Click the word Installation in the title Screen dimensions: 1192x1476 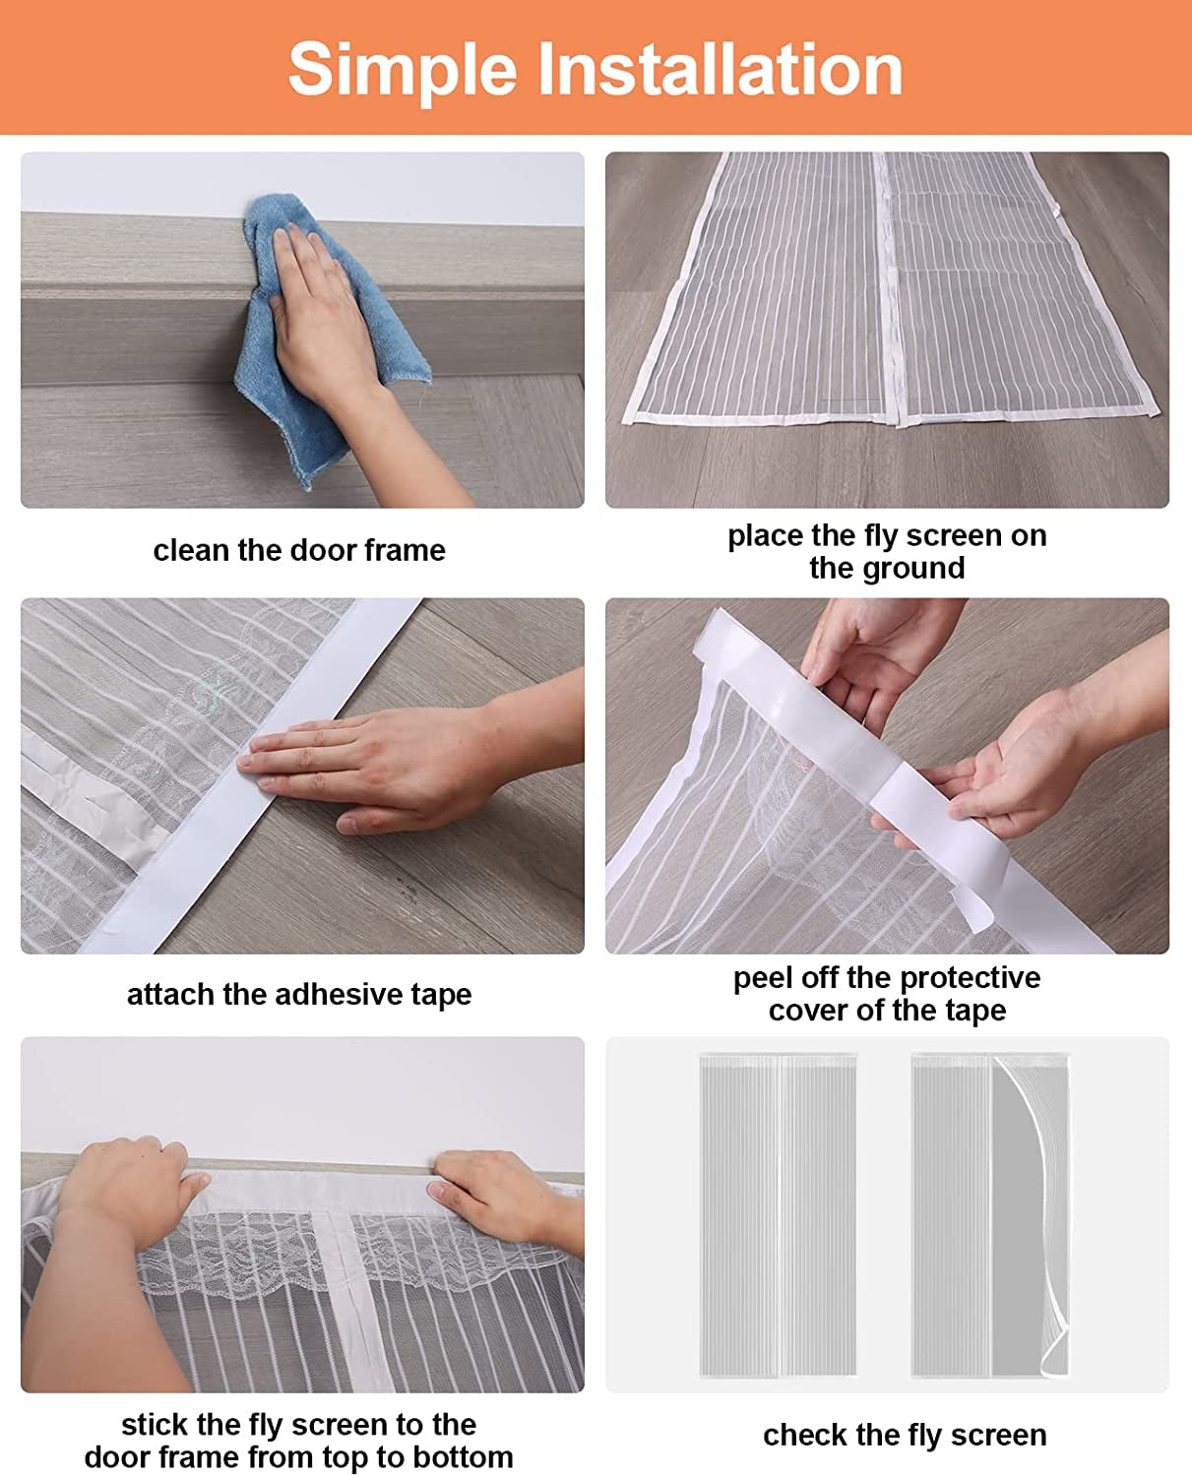coord(721,68)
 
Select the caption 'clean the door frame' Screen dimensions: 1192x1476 coord(298,551)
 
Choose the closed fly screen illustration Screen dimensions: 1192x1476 coord(779,1214)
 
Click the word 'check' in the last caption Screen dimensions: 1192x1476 coord(805,1435)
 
